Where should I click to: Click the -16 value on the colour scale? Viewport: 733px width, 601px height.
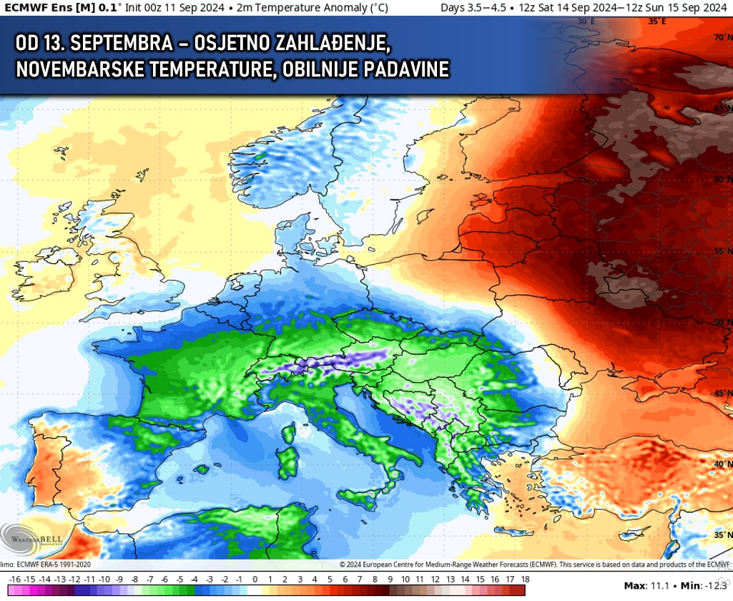[14, 579]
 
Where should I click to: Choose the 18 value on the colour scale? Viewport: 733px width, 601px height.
[525, 579]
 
